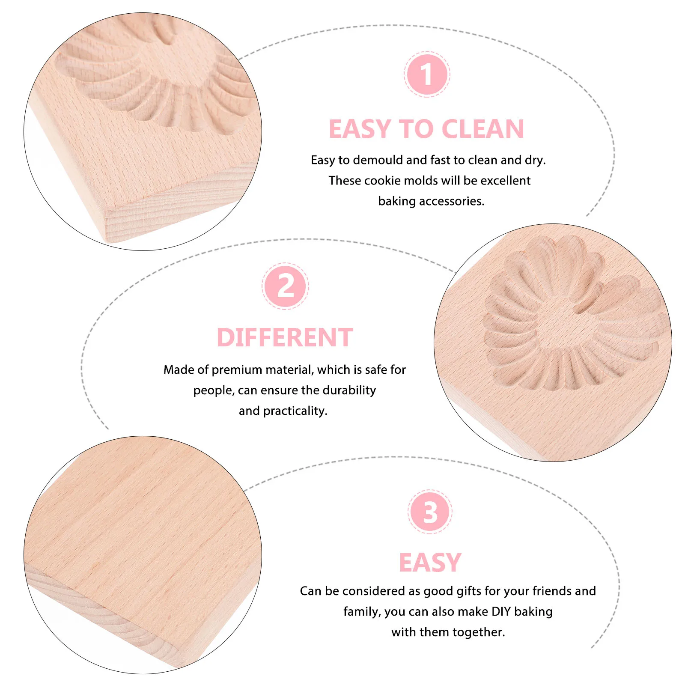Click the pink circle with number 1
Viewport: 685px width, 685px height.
click(426, 74)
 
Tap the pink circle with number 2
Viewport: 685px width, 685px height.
click(285, 286)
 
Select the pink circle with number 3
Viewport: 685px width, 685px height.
click(430, 512)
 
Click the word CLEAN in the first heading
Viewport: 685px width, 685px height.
click(482, 129)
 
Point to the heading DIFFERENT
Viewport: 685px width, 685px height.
click(285, 337)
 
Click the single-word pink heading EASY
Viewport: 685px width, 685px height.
click(430, 563)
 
